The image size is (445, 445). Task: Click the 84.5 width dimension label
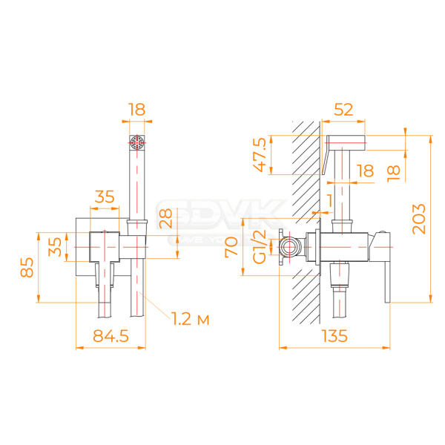tap(111, 337)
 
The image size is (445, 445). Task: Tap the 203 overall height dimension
tap(420, 218)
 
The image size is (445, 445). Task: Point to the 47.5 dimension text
tap(260, 154)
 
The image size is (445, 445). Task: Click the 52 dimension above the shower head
tap(343, 110)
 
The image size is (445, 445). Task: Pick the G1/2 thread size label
tap(260, 246)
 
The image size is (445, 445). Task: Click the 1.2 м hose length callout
tap(189, 319)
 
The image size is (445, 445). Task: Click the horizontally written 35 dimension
tap(104, 197)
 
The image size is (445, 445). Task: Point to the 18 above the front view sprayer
tap(136, 110)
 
